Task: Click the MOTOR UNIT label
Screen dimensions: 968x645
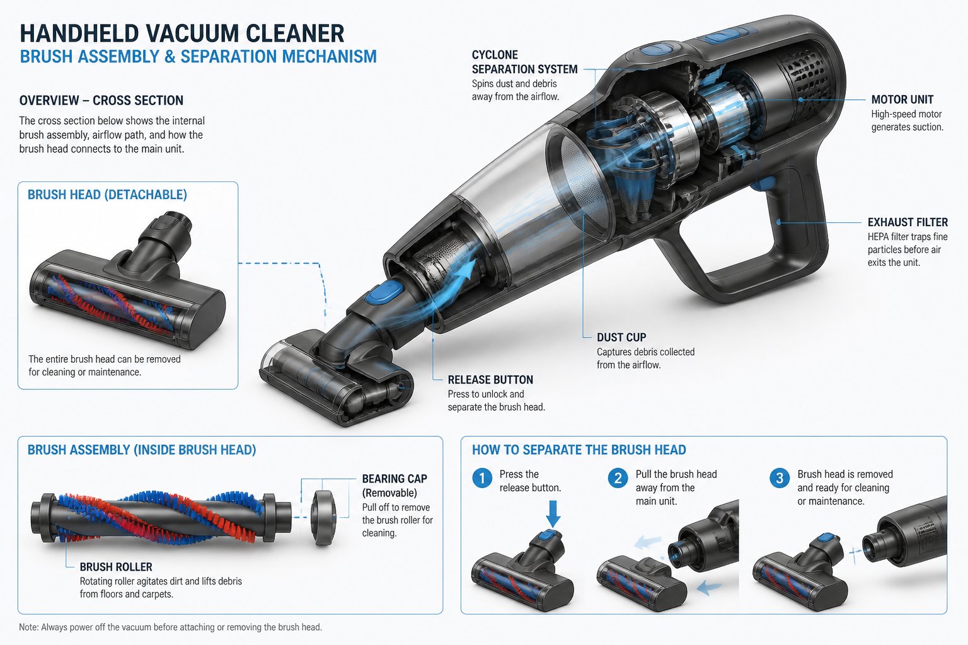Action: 902,100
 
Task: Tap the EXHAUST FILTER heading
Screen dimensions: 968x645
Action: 907,222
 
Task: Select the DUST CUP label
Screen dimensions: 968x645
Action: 621,338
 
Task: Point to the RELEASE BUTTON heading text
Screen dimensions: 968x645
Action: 490,380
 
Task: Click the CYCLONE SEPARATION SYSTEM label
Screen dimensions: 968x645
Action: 524,62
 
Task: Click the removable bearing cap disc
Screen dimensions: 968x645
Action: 324,517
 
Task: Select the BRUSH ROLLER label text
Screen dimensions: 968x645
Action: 116,567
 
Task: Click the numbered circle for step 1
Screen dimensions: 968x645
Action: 482,478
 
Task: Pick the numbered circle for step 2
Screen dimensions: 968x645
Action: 618,478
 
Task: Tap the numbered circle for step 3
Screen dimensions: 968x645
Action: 780,478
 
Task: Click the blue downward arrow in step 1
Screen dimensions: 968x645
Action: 553,513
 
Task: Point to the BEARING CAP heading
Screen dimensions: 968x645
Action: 395,479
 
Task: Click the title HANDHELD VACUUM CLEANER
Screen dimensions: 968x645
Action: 182,33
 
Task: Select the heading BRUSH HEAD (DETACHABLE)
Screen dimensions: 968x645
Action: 107,195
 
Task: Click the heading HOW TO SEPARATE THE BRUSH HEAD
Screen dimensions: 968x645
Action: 579,450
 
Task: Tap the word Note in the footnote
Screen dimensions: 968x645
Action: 28,627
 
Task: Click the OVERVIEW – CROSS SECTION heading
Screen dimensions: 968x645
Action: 101,101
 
